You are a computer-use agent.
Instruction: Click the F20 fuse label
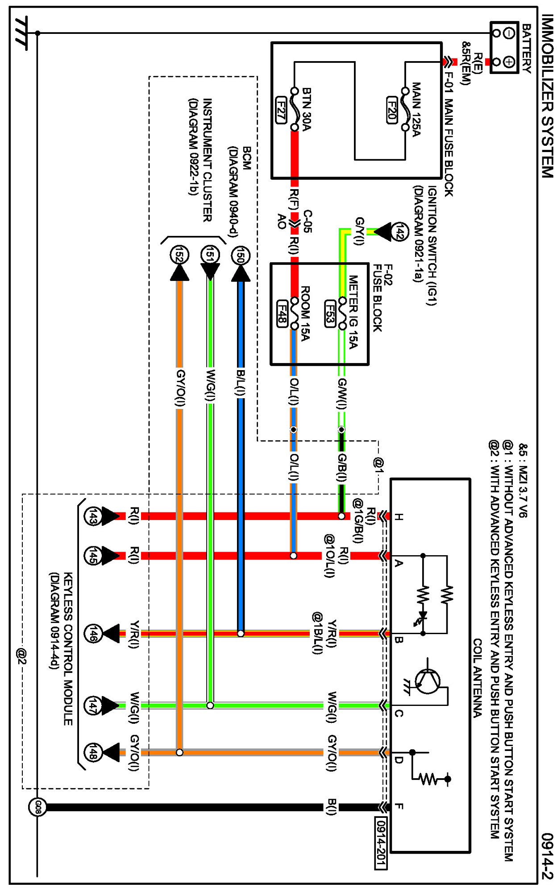[391, 110]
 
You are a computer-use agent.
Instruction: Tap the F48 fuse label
[282, 313]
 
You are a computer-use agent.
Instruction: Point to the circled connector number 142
[400, 232]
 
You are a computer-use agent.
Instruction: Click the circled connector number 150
[241, 256]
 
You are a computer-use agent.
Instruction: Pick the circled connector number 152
[179, 256]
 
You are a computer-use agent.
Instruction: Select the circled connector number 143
[93, 516]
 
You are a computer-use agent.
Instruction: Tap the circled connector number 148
[93, 753]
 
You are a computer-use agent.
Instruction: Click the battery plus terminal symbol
[509, 62]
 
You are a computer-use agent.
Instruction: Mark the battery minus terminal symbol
[509, 33]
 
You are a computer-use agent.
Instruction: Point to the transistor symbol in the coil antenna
[428, 681]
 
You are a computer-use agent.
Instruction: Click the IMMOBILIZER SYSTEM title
[547, 96]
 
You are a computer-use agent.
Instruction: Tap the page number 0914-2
[547, 855]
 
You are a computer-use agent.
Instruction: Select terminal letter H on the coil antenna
[399, 517]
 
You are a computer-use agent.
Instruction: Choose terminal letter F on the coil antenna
[399, 806]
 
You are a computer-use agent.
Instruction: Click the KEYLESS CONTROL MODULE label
[68, 649]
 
